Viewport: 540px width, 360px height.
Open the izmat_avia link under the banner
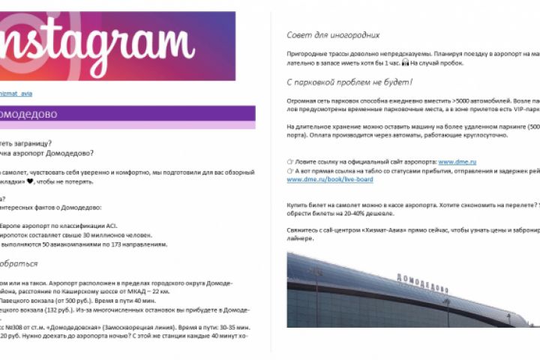click(16, 94)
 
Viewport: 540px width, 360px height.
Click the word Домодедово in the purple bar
click(30, 115)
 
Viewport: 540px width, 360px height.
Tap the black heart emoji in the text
click(30, 181)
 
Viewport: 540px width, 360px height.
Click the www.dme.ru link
click(453, 161)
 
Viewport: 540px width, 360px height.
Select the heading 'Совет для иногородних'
click(333, 34)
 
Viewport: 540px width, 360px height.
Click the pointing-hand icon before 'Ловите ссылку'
click(290, 161)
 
